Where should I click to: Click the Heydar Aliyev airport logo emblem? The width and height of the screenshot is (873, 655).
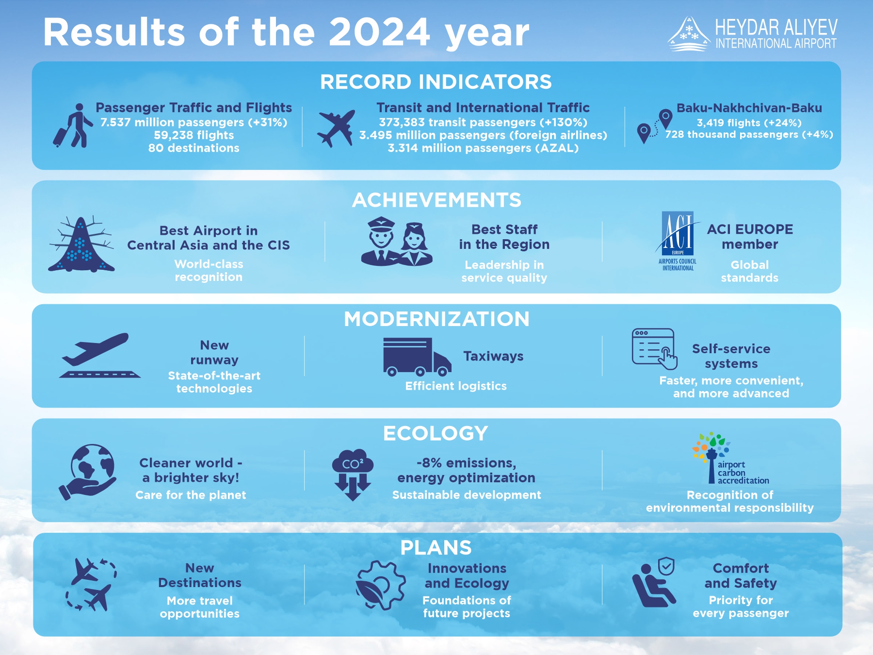tap(689, 34)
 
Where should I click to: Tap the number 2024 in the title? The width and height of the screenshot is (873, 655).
tap(379, 33)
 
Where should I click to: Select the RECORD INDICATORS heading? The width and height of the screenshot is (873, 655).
tap(436, 82)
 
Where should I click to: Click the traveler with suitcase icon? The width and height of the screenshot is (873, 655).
tap(73, 126)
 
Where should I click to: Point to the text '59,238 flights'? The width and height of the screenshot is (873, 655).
tap(194, 135)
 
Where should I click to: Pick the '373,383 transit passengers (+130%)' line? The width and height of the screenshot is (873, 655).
tap(483, 122)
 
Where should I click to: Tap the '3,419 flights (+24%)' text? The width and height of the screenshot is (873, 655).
tap(749, 123)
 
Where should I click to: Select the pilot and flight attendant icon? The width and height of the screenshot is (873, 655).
tap(397, 242)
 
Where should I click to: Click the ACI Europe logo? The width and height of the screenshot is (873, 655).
tap(678, 241)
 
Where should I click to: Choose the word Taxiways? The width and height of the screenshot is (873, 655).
tap(493, 356)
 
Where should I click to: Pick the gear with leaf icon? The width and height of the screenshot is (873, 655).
tap(380, 586)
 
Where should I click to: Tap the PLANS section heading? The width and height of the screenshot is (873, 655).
tap(436, 548)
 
